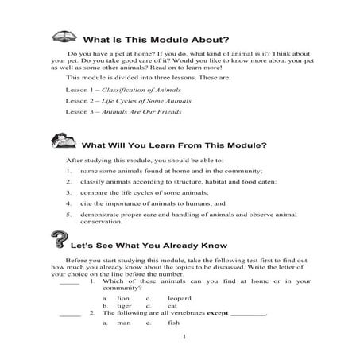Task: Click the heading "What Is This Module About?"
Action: coord(161,40)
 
